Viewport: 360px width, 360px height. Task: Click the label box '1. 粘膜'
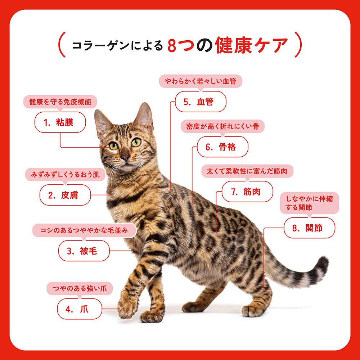click(x=60, y=122)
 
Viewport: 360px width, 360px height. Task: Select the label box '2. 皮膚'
click(x=65, y=195)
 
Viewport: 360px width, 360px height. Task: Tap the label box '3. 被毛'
click(x=84, y=251)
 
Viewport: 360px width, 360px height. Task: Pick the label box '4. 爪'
click(x=80, y=309)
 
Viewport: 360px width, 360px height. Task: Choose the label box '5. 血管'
click(x=201, y=102)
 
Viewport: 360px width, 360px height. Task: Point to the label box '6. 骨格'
click(x=222, y=147)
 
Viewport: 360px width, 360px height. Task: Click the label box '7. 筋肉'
click(x=247, y=192)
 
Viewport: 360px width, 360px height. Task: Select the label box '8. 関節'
click(x=310, y=228)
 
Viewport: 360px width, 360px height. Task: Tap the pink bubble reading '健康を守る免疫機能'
click(x=60, y=102)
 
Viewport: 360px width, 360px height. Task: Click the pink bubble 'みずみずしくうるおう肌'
click(x=65, y=175)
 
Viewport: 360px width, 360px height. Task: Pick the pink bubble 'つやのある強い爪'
click(x=80, y=288)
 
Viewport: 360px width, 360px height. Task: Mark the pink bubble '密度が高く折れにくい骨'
click(x=222, y=126)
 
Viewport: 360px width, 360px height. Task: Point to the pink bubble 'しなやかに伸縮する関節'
click(x=310, y=203)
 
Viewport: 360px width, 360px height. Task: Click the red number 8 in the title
click(x=172, y=46)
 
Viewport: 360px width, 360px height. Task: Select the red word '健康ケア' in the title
click(x=251, y=45)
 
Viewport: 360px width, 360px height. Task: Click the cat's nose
click(x=125, y=157)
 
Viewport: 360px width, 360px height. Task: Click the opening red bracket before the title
click(x=62, y=45)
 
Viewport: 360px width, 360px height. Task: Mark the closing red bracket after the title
click(x=298, y=45)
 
